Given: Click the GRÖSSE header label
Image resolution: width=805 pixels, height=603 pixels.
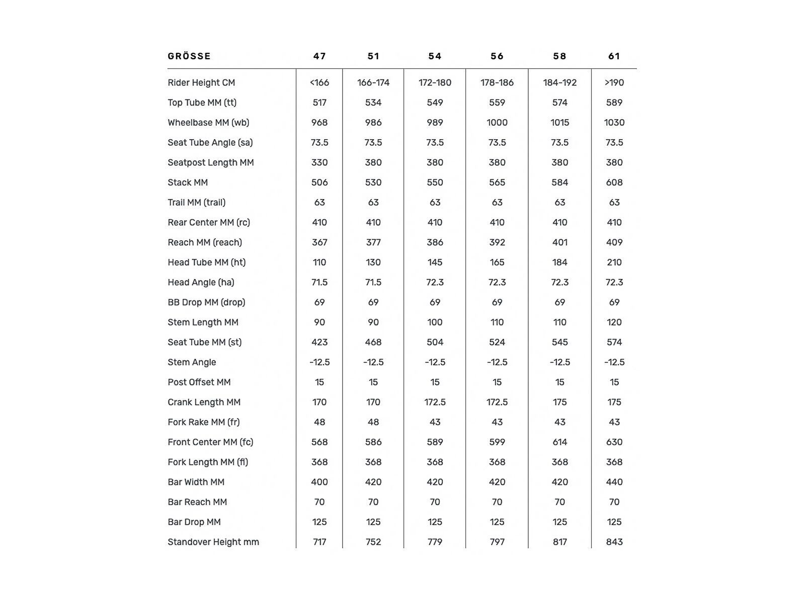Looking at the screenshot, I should pos(189,56).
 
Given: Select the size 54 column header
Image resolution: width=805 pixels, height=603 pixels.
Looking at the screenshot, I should pos(435,56).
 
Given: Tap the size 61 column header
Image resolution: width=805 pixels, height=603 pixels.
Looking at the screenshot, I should pos(614,56).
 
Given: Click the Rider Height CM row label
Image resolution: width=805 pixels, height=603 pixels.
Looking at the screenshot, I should pos(201,82).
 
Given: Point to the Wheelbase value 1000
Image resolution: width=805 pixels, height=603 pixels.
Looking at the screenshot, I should pos(497,123).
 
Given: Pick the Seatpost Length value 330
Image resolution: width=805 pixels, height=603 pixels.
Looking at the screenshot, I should pos(319,162).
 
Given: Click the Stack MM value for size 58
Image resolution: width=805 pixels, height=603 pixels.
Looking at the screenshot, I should pos(559,182).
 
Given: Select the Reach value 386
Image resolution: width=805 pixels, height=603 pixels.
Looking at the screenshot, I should pos(435,242).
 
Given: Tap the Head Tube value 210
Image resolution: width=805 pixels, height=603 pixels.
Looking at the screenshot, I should pos(614,262).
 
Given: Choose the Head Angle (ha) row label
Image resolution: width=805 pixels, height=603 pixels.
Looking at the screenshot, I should pos(201,282).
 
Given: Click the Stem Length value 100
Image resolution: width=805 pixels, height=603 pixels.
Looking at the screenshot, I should pos(435,322).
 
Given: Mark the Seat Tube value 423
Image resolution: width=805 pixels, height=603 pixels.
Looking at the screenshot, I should pos(319,342).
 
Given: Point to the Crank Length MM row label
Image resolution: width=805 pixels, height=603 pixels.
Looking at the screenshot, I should pos(204,402).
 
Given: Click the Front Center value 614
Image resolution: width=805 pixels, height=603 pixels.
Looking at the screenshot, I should pos(559,442).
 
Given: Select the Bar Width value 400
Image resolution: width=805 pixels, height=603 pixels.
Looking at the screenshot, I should pos(319,482).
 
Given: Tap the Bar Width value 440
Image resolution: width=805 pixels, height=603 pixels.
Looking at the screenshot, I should pos(614,482).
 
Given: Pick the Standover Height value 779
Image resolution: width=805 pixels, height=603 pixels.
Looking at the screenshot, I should pos(435,542).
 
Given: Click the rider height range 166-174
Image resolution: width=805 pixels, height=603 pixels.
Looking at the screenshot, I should pos(373,82).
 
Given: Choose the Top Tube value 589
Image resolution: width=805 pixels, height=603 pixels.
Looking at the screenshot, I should pos(614,103).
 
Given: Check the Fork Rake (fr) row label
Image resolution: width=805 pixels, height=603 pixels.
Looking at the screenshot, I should pos(203,422).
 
